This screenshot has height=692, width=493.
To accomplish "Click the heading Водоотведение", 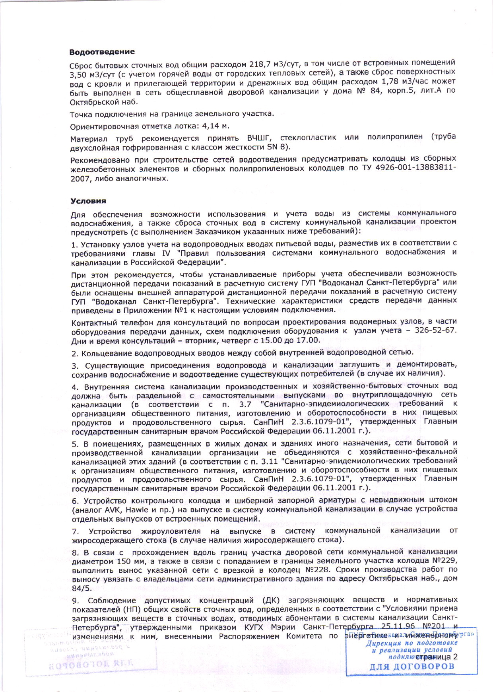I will tap(102, 52).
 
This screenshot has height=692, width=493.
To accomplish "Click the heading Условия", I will tap(88, 201).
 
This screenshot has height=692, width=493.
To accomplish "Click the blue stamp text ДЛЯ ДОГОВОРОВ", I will tap(411, 667).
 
